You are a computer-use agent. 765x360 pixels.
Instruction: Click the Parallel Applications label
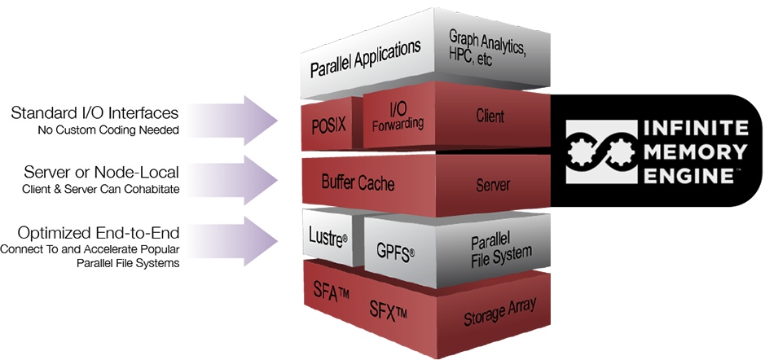tap(365, 58)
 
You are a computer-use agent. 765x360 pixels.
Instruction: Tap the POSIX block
tap(329, 124)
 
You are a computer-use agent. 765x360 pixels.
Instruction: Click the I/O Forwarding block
tap(398, 117)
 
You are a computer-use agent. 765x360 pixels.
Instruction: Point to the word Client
tap(490, 116)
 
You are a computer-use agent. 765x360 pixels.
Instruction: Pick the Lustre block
tap(328, 238)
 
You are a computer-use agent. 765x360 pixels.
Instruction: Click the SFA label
tap(332, 291)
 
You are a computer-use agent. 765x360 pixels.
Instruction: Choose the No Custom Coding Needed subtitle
tap(108, 130)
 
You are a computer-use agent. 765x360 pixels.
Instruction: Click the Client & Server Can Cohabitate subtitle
tap(101, 189)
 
